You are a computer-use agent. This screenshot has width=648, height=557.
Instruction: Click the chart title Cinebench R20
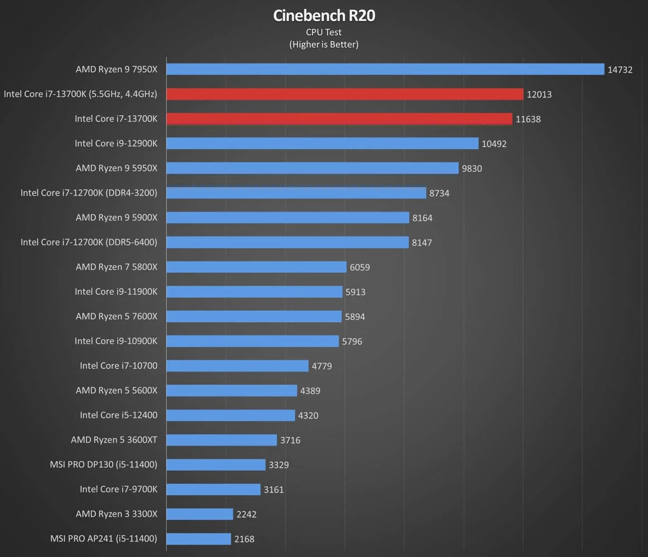click(324, 16)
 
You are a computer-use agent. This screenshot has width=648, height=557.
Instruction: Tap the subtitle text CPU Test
click(324, 32)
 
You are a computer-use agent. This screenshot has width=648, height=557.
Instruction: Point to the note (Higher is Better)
click(324, 45)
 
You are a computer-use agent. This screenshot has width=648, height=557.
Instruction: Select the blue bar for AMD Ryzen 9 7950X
click(385, 69)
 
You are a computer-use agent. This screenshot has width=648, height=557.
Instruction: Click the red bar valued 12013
click(345, 94)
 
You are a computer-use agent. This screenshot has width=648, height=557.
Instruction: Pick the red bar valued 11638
click(339, 119)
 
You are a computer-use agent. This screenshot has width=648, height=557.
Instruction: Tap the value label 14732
click(620, 70)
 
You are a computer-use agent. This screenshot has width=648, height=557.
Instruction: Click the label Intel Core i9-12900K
click(116, 143)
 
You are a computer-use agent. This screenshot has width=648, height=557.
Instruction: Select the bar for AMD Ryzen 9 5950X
click(312, 168)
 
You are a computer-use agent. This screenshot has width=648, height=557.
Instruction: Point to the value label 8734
click(439, 193)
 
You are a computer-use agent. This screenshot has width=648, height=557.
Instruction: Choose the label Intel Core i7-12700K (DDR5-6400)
click(89, 242)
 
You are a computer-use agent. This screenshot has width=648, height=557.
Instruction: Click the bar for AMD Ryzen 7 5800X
click(256, 267)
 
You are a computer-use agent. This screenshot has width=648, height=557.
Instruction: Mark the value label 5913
click(355, 292)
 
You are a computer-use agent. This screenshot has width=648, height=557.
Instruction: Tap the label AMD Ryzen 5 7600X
click(117, 316)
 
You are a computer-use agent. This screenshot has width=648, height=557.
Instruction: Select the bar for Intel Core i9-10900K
click(252, 341)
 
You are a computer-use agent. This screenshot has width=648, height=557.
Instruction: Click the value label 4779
click(322, 366)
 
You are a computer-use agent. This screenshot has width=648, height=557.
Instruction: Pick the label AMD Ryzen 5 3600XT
click(114, 440)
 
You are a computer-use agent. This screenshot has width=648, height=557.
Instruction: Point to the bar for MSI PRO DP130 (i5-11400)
click(216, 465)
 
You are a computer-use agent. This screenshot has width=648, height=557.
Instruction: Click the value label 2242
click(246, 514)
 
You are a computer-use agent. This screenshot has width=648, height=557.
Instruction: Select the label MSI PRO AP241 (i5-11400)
click(103, 539)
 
